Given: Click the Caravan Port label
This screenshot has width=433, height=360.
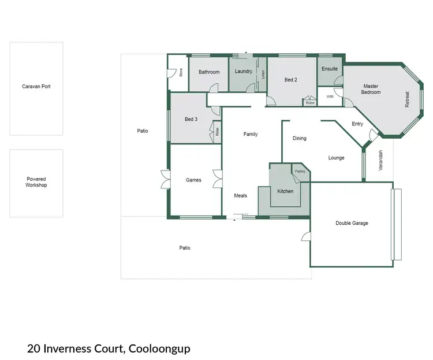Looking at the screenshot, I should tap(36, 87).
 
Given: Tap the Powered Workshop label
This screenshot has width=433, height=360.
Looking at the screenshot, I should tap(36, 182).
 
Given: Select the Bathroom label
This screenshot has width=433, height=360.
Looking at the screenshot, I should tap(209, 72).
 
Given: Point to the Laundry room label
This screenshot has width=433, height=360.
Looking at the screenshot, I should tap(244, 72).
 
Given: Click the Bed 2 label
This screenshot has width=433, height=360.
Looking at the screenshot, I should tap(291, 80).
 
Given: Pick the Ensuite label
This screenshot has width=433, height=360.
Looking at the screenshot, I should tap(330, 69).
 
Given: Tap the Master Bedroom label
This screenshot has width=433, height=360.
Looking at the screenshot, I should tap(370, 89).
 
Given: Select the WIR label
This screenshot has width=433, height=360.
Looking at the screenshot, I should tap(330, 97).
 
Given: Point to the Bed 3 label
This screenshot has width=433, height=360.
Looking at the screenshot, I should tap(191, 119).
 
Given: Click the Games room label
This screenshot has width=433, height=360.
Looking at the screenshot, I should tap(193, 180).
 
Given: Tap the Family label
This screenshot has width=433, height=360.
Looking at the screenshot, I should tap(251, 134).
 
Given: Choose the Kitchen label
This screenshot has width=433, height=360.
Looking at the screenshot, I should tap(285, 191).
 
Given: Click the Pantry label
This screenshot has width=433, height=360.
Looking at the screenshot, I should tap(300, 171).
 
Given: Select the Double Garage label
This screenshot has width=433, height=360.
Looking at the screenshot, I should tap(352, 223).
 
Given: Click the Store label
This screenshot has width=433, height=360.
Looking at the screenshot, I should tap(181, 73).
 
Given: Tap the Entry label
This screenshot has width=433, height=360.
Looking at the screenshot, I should tap(357, 124).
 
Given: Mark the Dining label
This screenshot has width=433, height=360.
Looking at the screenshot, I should tap(299, 138).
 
